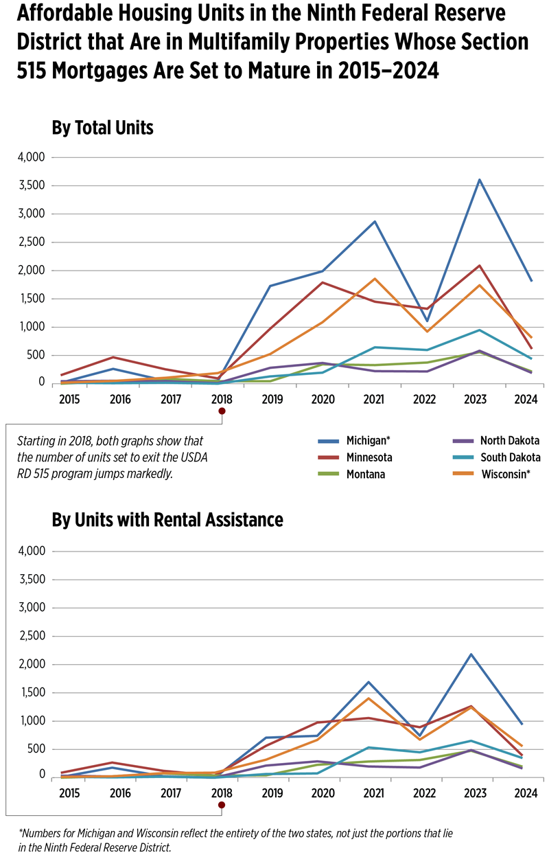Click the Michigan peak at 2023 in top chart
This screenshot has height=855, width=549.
point(479,180)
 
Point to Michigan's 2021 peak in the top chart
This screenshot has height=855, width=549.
point(375,221)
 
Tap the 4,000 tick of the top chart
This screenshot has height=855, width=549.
point(31,157)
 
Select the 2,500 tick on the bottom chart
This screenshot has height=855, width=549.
point(31,636)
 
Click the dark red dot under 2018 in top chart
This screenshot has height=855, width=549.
point(221,411)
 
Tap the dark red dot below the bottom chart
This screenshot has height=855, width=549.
point(221,805)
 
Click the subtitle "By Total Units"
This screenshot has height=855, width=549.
point(102,128)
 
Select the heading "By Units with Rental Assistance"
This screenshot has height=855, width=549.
point(167,520)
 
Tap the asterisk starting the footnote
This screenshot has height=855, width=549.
point(21,832)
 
